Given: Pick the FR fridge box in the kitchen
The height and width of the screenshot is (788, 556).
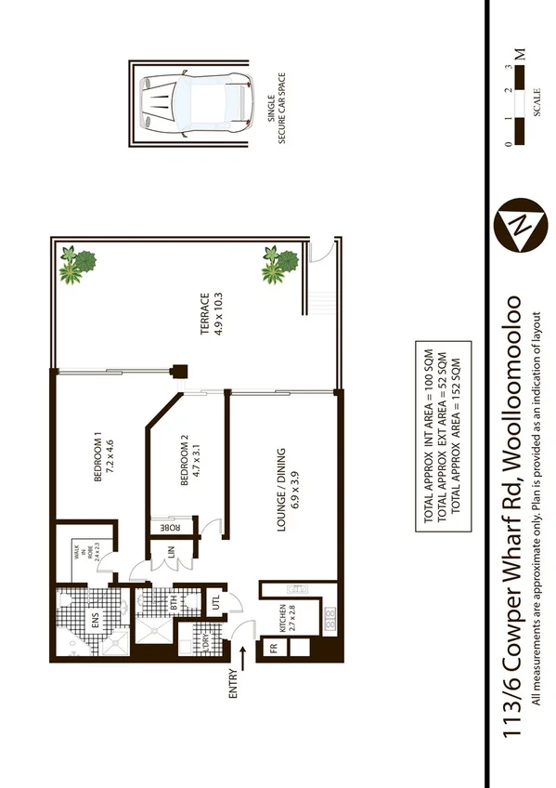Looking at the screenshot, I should pyautogui.click(x=274, y=649).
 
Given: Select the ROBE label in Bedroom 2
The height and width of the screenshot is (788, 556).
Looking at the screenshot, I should pyautogui.click(x=171, y=527).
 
